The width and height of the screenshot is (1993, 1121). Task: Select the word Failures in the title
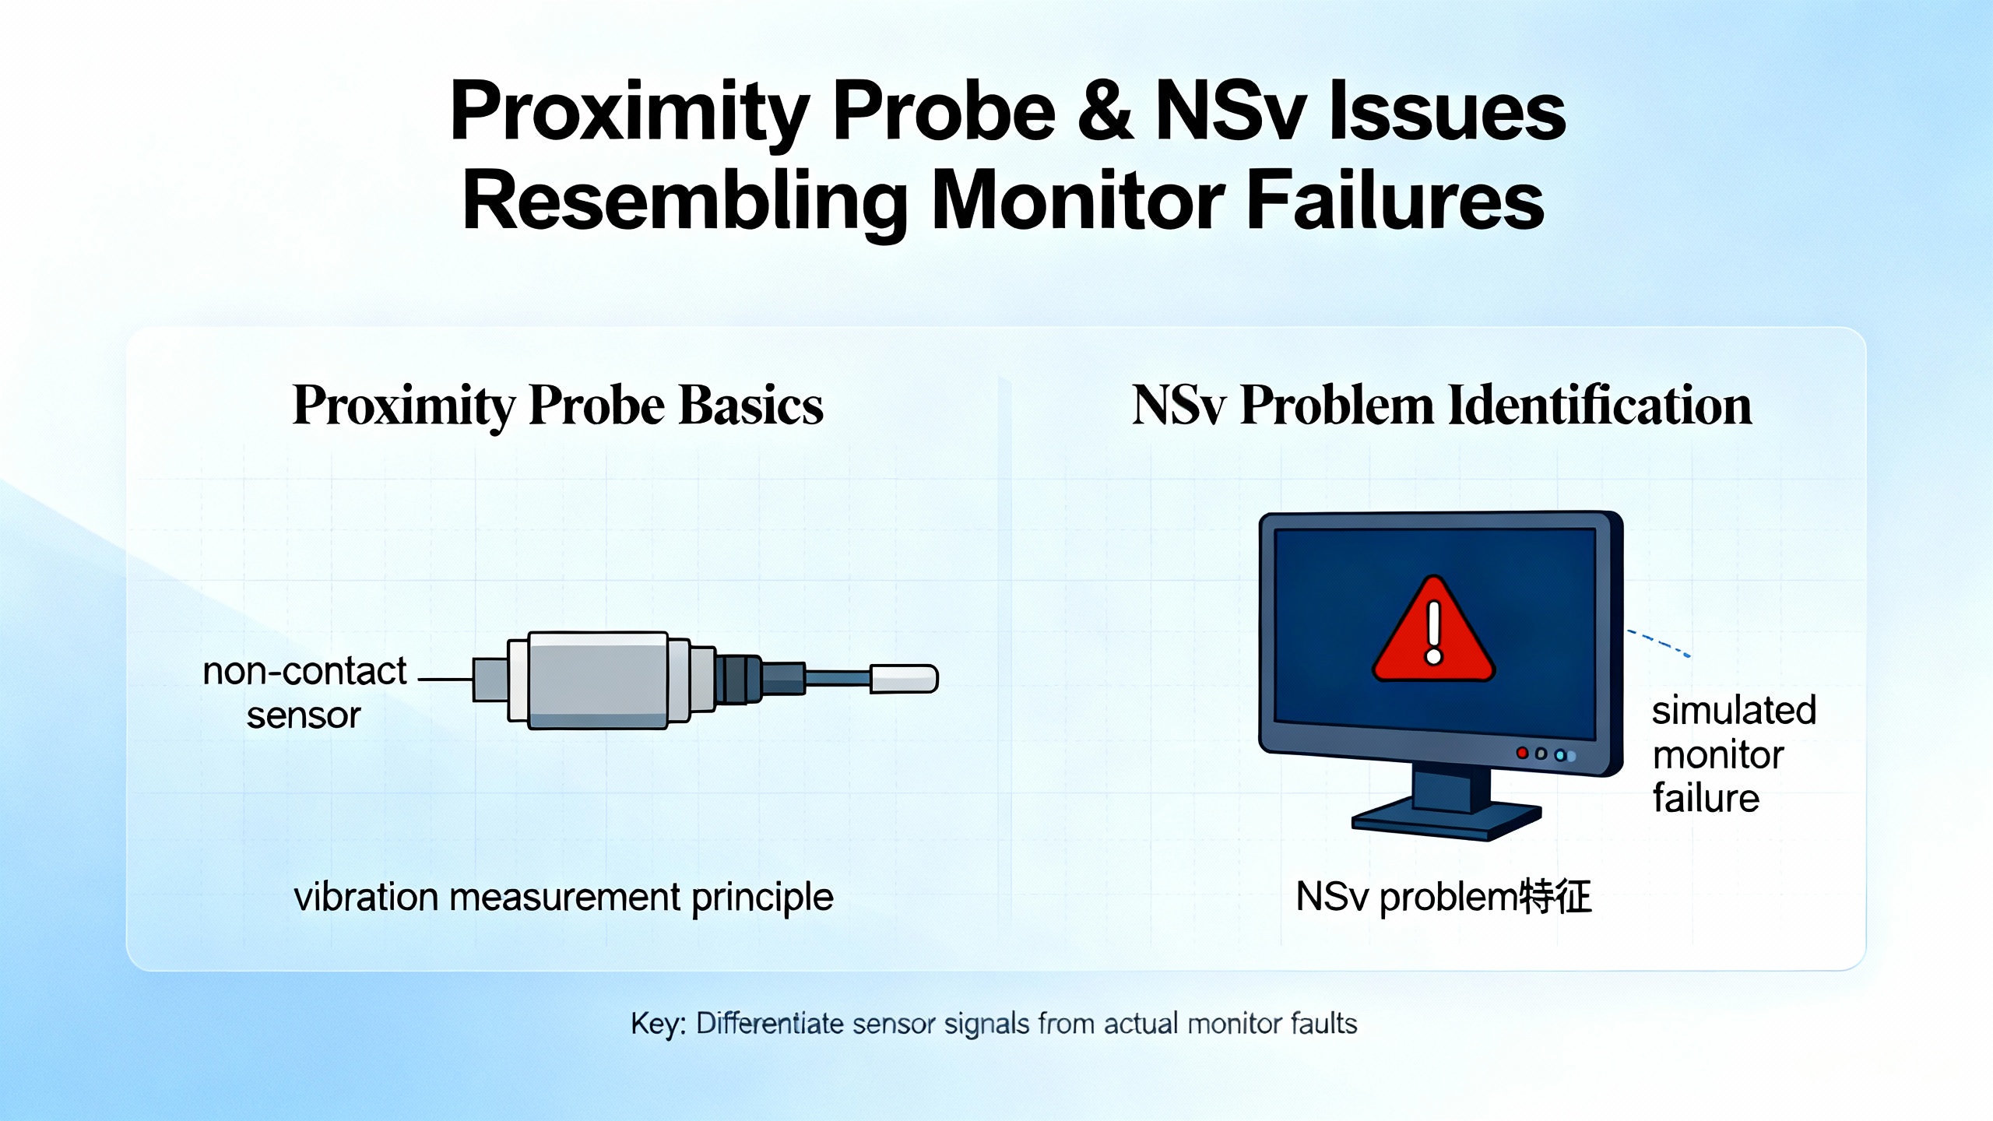click(x=1395, y=200)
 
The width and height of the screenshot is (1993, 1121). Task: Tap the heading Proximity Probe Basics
click(x=557, y=406)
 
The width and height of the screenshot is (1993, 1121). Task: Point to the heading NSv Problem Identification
click(x=1442, y=406)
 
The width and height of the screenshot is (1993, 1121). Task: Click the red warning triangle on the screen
click(x=1433, y=631)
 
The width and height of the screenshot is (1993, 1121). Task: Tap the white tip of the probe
click(x=904, y=678)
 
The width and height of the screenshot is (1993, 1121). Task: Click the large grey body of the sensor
click(x=598, y=680)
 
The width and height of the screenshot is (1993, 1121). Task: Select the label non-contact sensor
click(x=304, y=692)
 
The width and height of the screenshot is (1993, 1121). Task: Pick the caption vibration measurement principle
click(x=564, y=897)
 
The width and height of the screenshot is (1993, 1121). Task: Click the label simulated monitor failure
click(x=1734, y=754)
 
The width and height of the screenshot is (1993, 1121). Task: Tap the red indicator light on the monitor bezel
click(x=1522, y=753)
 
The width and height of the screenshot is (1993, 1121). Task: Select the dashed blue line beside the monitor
click(x=1658, y=643)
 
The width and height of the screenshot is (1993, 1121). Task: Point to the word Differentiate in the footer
click(x=769, y=1024)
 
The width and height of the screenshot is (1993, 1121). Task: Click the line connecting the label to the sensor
click(x=446, y=679)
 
